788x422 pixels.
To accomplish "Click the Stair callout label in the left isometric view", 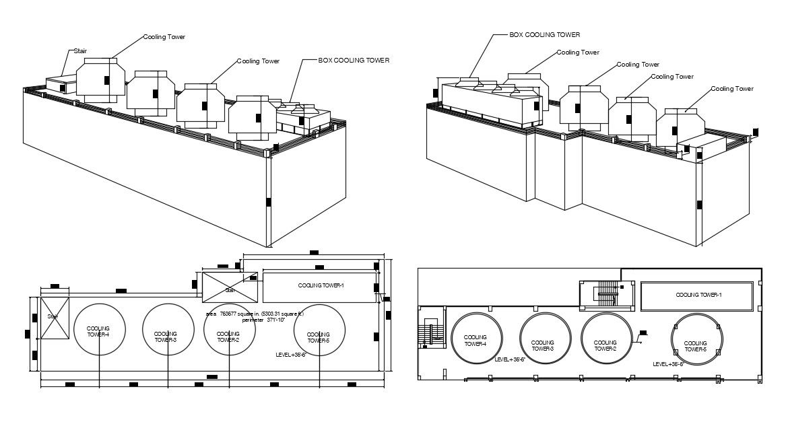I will point(80,50).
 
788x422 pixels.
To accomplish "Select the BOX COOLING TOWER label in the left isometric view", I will point(354,61).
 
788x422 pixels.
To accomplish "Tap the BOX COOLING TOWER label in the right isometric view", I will point(544,34).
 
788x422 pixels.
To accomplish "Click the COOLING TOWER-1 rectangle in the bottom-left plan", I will point(320,287).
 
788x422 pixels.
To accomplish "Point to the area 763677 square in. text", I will point(255,314).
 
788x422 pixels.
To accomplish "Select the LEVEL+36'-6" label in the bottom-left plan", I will point(291,354).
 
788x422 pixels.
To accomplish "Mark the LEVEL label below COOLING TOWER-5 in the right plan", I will point(668,364).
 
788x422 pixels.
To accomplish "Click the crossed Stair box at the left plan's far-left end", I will point(55,318).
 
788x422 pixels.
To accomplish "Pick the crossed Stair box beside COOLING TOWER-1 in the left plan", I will point(230,287).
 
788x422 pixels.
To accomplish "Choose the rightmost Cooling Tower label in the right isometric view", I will point(732,89).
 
